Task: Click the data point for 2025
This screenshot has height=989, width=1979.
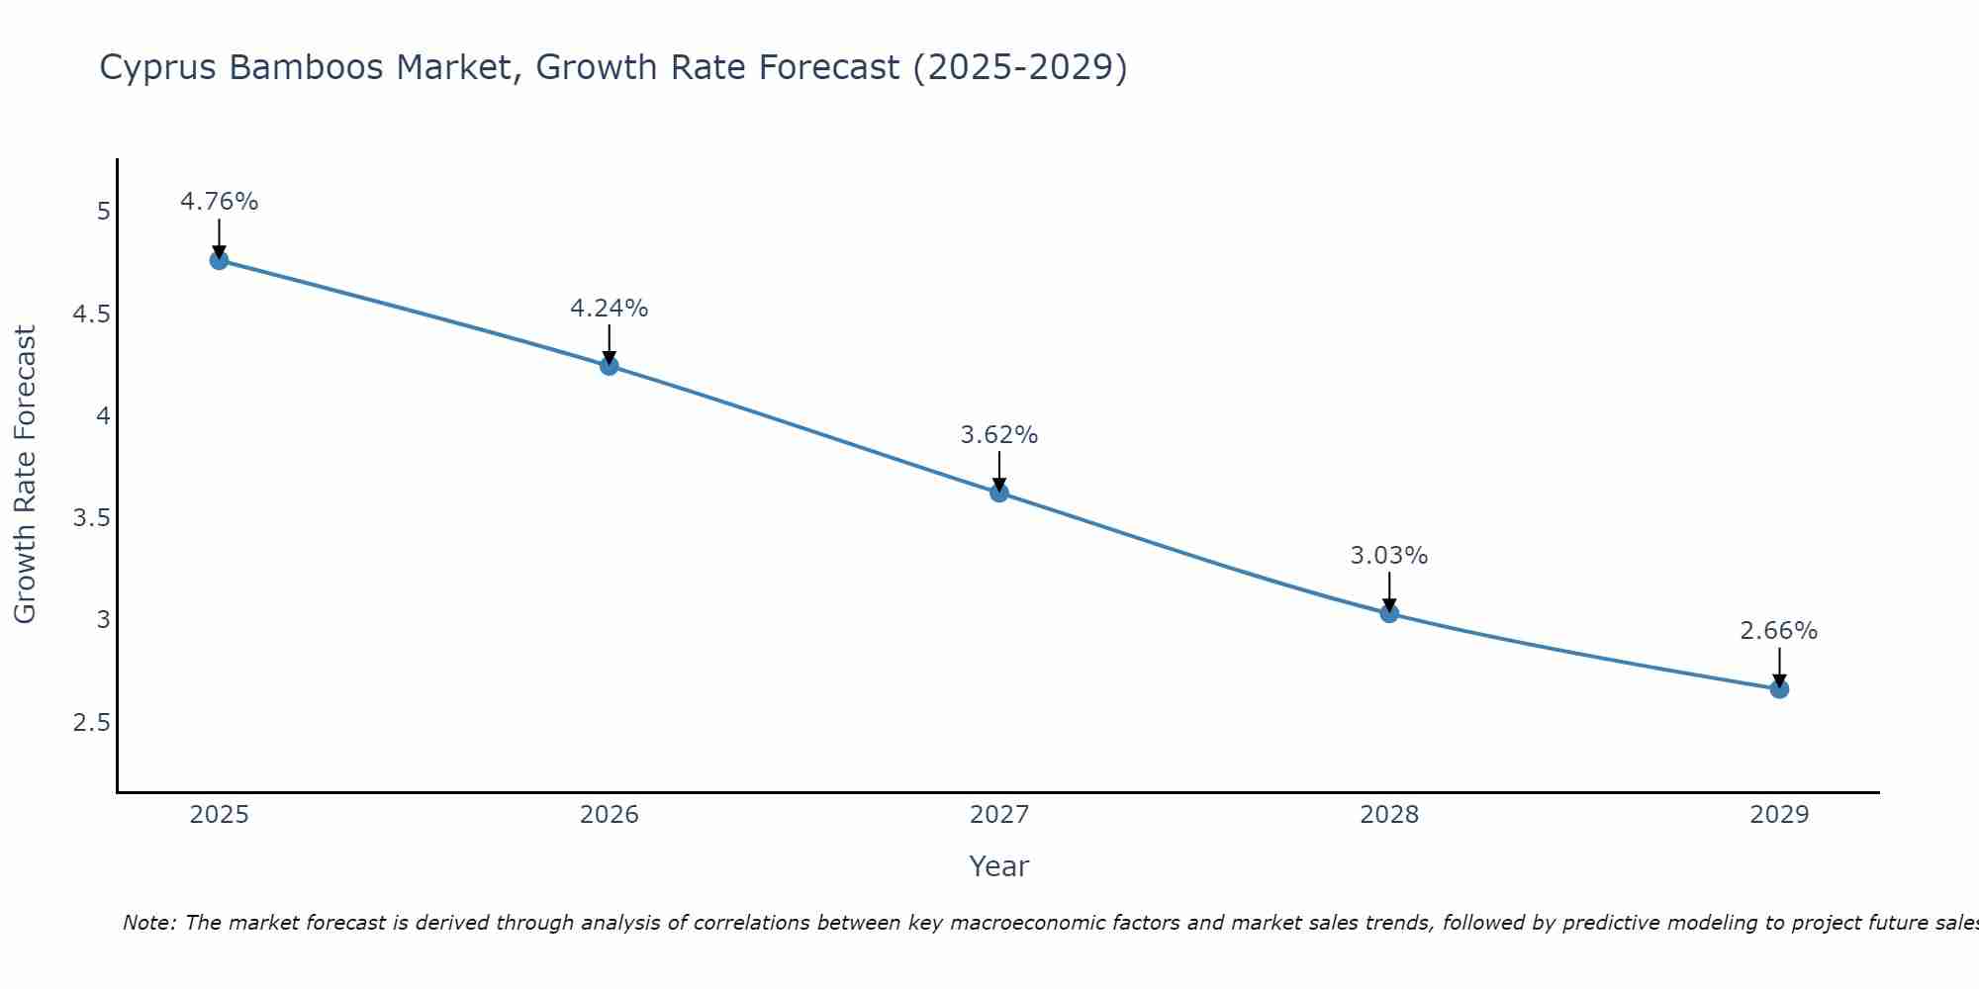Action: click(219, 260)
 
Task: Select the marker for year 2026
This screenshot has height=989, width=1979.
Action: click(609, 366)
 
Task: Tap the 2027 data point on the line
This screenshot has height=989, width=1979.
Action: click(999, 493)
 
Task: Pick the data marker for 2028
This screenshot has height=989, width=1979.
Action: click(1389, 613)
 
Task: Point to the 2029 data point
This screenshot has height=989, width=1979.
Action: click(1779, 688)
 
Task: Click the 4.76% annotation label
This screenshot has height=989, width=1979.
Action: click(219, 202)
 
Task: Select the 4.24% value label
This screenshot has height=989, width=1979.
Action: click(609, 309)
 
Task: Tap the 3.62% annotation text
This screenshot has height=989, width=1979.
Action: click(999, 435)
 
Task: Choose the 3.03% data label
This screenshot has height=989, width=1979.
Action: click(1389, 556)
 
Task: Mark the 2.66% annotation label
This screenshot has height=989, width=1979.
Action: click(1779, 631)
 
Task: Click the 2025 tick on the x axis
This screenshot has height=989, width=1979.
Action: click(219, 815)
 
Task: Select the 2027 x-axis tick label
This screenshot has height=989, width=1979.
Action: click(999, 815)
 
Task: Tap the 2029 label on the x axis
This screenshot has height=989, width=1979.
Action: click(1779, 815)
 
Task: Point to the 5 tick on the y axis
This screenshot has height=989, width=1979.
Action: click(103, 212)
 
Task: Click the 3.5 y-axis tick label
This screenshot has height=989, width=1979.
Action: click(91, 518)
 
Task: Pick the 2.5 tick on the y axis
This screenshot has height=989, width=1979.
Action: click(91, 723)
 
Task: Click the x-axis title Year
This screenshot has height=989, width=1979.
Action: click(999, 866)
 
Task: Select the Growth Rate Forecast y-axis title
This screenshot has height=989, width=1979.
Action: click(25, 475)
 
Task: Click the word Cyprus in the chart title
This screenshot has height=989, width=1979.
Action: click(158, 68)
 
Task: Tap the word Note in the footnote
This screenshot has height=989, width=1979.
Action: click(148, 924)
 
